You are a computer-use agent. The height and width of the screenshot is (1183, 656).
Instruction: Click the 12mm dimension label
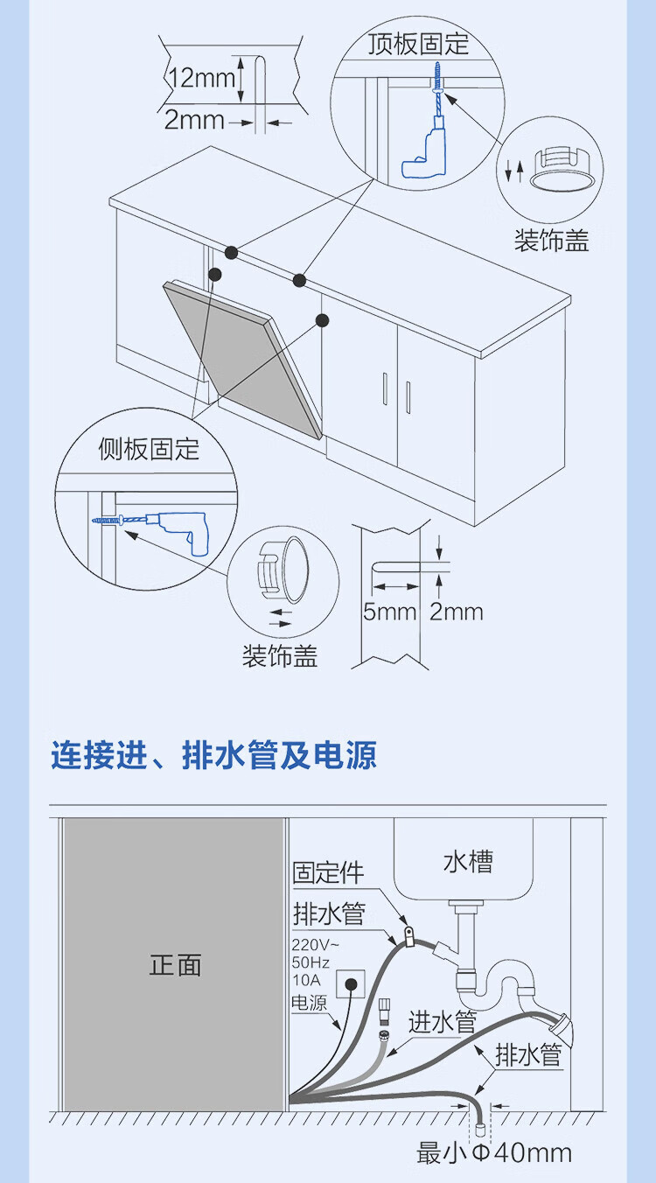tap(202, 78)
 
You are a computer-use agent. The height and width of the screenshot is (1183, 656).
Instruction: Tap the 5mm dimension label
tap(389, 611)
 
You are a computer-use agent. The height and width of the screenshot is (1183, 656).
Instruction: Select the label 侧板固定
tap(149, 449)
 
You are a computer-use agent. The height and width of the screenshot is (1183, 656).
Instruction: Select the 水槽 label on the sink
tap(468, 862)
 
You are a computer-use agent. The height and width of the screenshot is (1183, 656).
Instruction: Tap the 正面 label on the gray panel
tap(175, 965)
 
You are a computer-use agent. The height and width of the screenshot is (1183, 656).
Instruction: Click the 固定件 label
tap(328, 872)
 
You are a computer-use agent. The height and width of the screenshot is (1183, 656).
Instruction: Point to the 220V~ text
tap(317, 945)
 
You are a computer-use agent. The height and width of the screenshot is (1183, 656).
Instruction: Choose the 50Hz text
tap(311, 962)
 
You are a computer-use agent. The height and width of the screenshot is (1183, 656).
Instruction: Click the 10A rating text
tap(306, 980)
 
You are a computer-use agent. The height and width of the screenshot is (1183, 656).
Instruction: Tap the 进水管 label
tap(443, 1022)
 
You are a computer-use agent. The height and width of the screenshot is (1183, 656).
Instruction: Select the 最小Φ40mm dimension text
tap(495, 1153)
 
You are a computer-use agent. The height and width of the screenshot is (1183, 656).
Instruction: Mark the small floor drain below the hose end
tap(480, 1127)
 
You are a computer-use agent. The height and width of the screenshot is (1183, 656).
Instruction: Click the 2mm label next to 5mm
tap(457, 611)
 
